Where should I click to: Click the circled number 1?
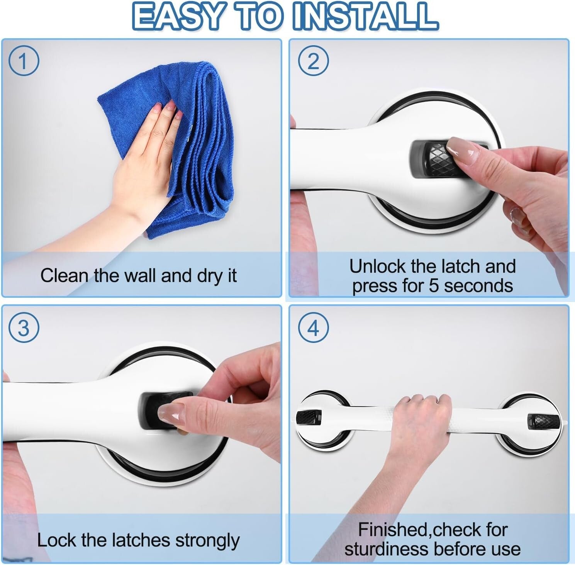click(24, 61)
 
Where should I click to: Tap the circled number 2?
click(313, 61)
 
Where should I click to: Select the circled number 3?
click(24, 328)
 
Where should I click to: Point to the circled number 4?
click(313, 328)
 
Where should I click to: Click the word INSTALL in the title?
click(365, 17)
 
